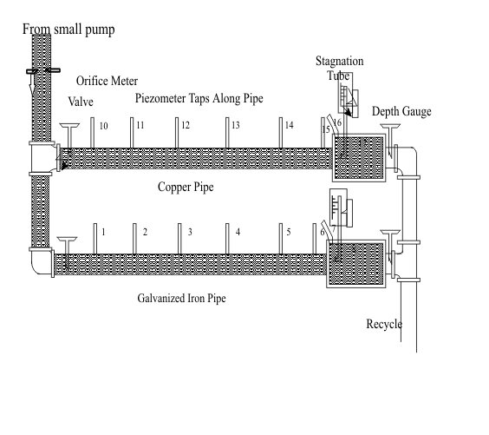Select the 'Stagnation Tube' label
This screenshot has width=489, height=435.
click(339, 68)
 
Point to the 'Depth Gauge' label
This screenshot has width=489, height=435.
click(401, 112)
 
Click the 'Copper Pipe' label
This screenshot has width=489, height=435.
click(187, 187)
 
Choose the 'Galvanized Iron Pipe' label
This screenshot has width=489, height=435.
click(186, 298)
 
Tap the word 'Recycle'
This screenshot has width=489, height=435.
click(384, 324)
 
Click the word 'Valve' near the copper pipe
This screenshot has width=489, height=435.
click(81, 102)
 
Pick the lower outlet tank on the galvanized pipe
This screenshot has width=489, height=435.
click(355, 264)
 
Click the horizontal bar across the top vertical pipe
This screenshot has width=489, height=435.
click(42, 71)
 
